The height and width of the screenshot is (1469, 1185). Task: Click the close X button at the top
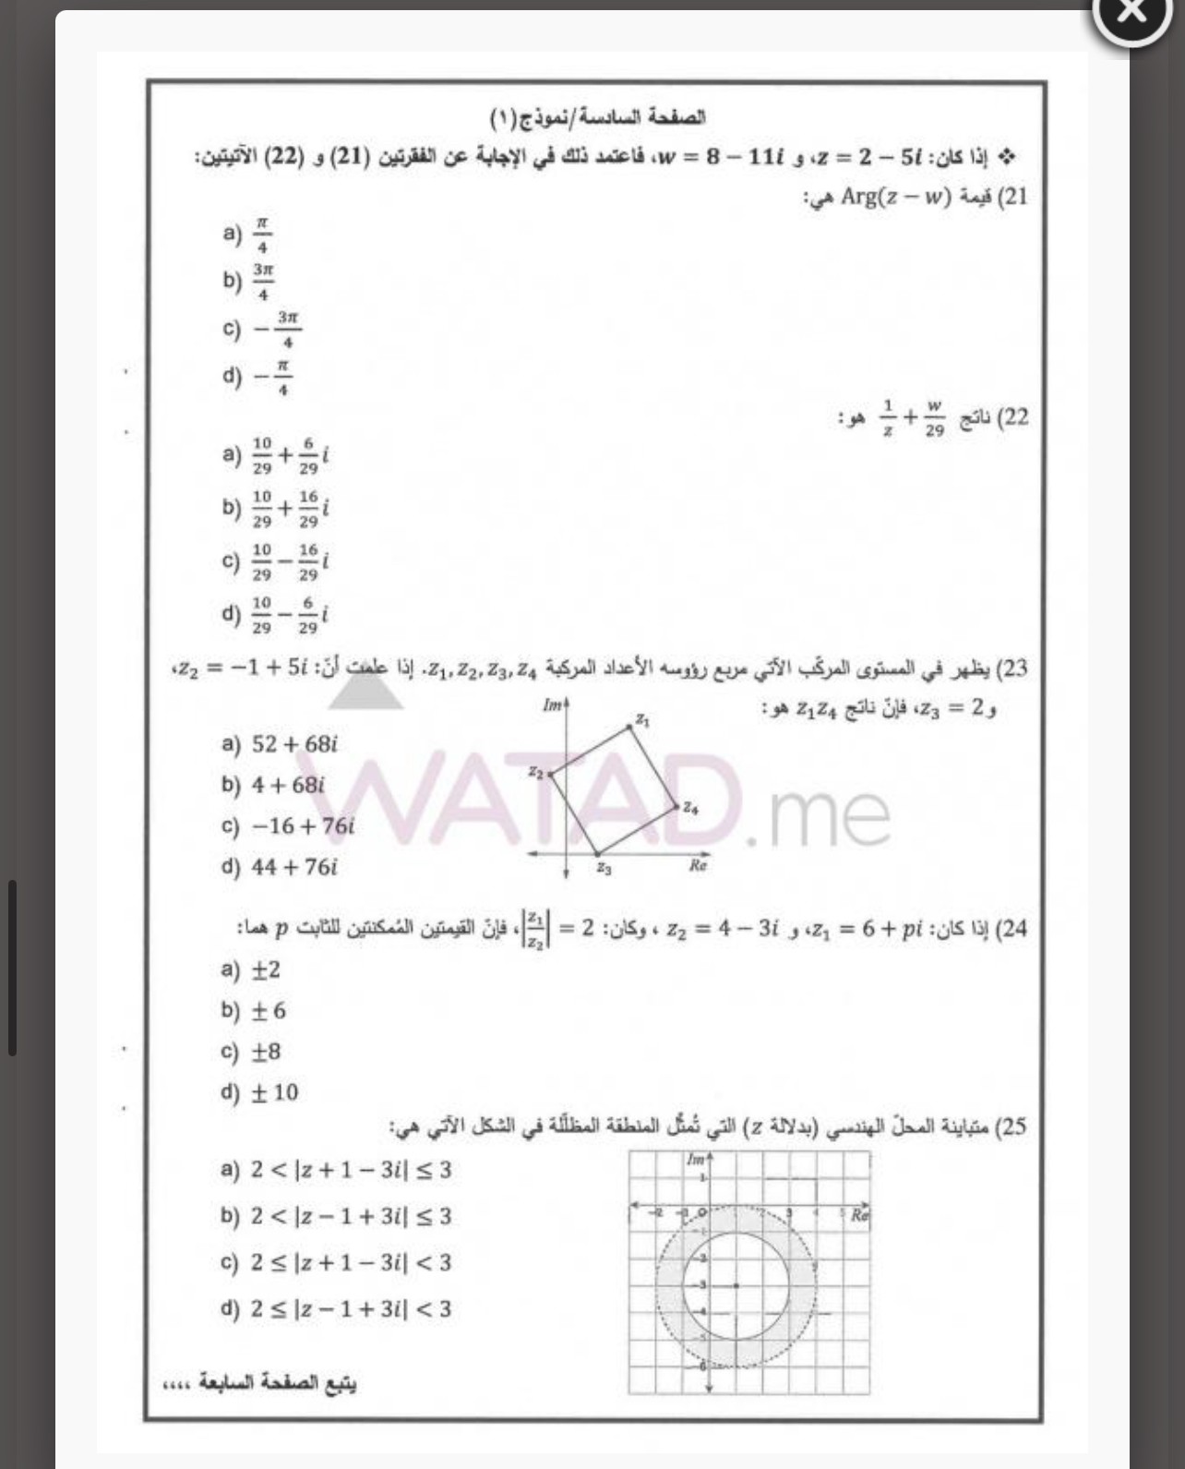click(1131, 12)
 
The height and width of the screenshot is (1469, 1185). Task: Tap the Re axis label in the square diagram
click(698, 866)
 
